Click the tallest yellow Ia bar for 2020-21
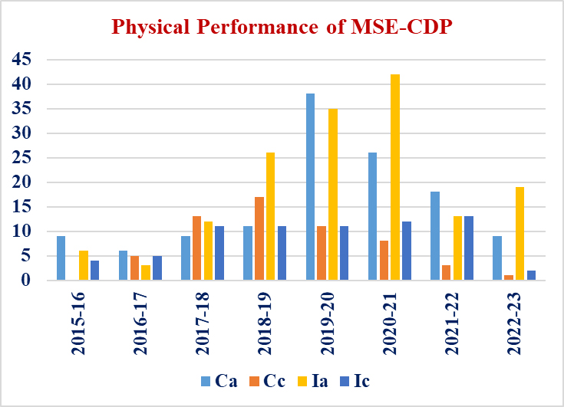(395, 178)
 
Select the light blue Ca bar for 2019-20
(310, 187)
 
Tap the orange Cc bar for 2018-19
(259, 239)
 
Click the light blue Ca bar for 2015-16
(61, 258)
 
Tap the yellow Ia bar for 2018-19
(270, 217)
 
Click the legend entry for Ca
(218, 381)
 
